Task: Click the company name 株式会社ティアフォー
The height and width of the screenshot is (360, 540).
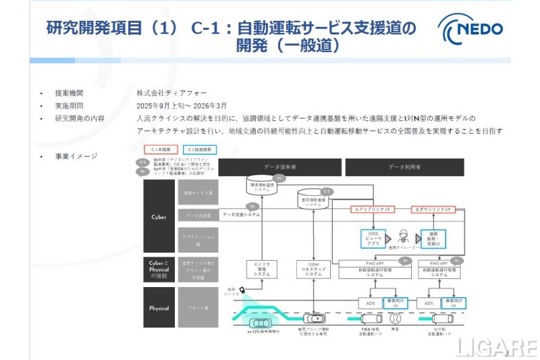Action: (172, 93)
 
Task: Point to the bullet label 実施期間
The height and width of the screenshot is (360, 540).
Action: (70, 106)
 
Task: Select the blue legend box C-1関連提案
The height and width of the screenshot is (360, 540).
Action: (200, 149)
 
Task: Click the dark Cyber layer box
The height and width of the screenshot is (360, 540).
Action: (158, 217)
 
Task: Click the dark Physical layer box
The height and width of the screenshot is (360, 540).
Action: (158, 308)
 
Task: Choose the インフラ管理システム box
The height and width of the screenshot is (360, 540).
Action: (261, 269)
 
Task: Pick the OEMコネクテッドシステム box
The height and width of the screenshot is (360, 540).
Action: (313, 269)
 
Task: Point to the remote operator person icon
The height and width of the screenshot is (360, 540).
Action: (404, 237)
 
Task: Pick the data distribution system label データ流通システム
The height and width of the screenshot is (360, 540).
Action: (241, 214)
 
